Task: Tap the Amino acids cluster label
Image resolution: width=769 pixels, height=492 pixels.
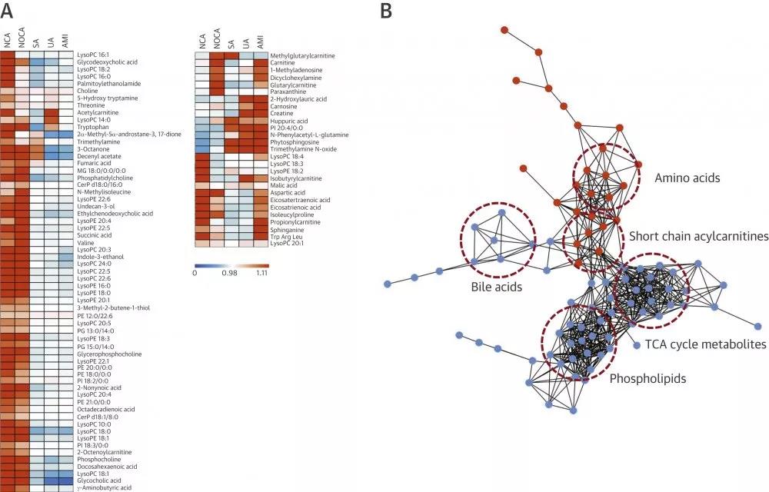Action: (687, 178)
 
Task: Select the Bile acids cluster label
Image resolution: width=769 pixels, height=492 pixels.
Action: (496, 287)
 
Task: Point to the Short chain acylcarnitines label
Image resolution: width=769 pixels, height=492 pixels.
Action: (698, 237)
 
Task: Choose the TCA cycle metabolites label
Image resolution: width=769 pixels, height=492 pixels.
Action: (706, 344)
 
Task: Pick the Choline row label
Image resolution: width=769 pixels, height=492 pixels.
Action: (86, 91)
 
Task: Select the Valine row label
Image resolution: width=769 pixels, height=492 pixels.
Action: (85, 241)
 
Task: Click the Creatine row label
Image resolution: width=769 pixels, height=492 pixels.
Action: (282, 113)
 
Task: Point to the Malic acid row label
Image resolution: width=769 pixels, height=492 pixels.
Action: (285, 185)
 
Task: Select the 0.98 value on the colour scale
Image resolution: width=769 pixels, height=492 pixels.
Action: (228, 272)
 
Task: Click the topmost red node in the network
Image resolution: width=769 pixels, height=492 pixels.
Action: (504, 30)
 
